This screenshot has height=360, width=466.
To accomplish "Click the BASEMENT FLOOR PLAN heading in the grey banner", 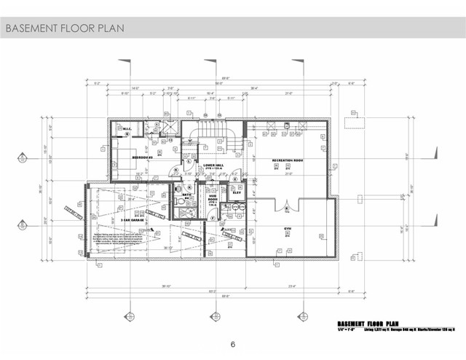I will click(64, 28).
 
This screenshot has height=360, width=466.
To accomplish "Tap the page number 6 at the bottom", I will click(233, 344).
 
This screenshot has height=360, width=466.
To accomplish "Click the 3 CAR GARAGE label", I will click(132, 217).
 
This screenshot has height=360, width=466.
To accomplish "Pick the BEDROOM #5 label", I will click(143, 157).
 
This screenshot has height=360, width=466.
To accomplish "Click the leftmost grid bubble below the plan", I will click(130, 316).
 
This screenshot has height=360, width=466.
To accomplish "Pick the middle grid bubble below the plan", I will click(214, 316).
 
